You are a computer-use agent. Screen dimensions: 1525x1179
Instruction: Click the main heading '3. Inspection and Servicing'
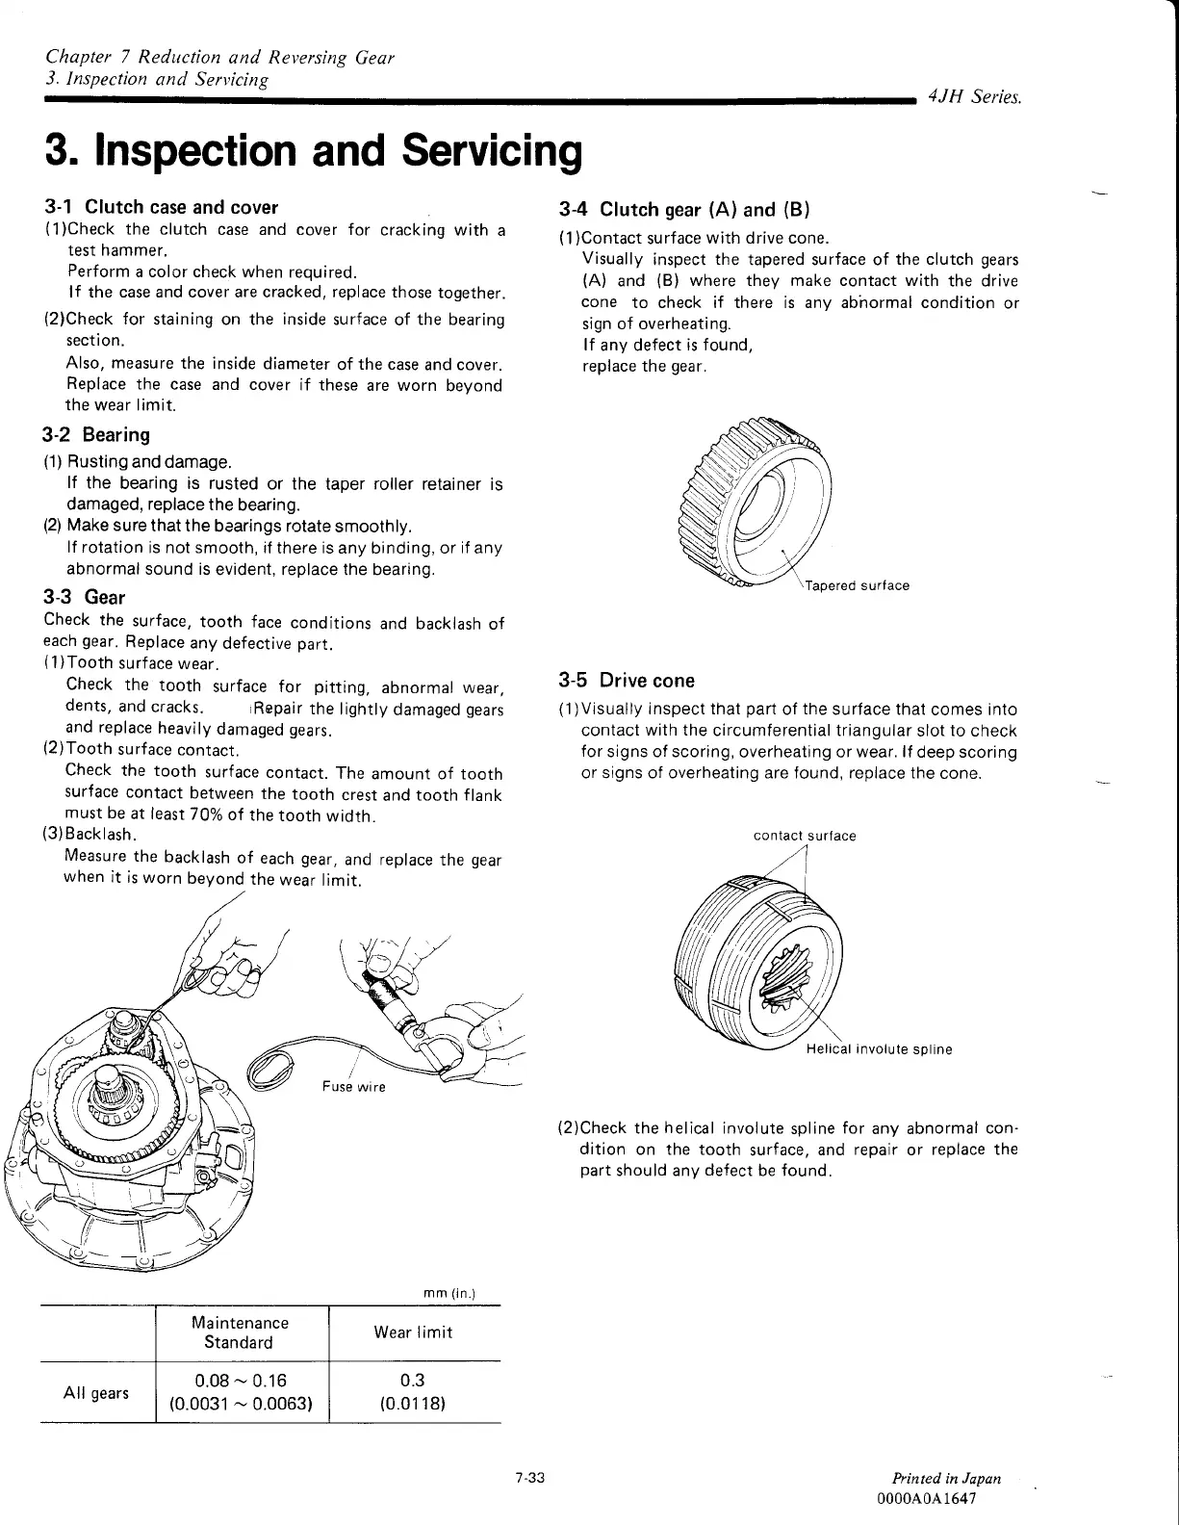coord(314,152)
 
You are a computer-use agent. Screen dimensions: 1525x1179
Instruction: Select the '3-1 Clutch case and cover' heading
coord(162,207)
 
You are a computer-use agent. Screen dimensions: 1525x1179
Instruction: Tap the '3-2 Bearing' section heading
coord(97,435)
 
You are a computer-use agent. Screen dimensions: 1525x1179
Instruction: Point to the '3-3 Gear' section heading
coord(85,597)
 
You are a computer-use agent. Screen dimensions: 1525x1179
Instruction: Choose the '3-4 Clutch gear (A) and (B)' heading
coord(686,210)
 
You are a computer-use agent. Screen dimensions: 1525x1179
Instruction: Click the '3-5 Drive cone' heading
coord(627,681)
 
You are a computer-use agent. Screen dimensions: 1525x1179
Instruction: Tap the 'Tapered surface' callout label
coord(857,585)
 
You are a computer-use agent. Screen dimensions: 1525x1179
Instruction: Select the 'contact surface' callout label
coord(804,836)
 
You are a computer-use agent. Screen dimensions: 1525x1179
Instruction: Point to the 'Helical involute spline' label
coord(879,1049)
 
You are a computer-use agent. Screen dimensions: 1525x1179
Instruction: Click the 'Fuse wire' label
coord(353,1087)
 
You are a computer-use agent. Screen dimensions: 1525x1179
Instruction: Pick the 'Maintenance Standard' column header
coord(240,1332)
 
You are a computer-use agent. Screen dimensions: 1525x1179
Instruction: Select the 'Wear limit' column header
coord(413,1332)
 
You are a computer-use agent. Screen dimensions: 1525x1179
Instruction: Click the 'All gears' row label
coord(95,1392)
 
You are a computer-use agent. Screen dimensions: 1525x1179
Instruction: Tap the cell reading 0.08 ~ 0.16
coord(240,1381)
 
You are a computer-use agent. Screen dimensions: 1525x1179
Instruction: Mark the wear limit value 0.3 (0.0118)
coord(413,1392)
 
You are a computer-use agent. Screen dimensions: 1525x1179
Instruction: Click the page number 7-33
coord(530,1478)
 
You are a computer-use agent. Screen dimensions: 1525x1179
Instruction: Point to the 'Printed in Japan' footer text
coord(946,1478)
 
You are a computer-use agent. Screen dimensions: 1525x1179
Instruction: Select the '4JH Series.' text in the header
coord(974,97)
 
